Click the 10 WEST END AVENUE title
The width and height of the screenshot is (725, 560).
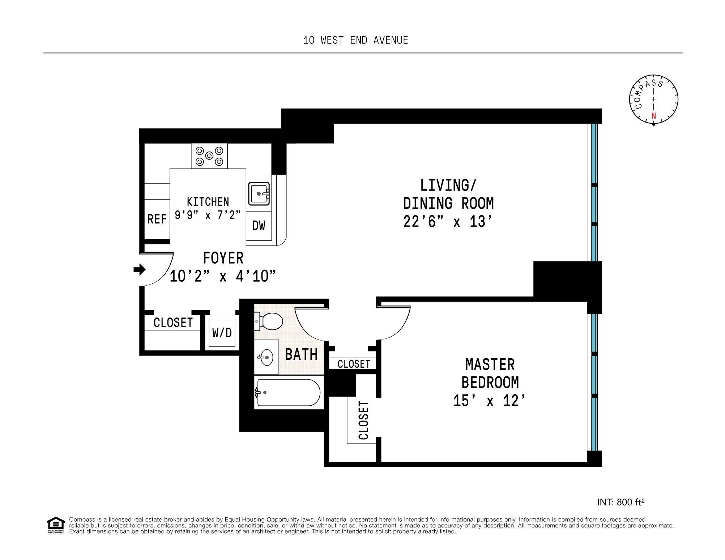tap(355, 40)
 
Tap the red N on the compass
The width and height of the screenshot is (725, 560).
tap(653, 116)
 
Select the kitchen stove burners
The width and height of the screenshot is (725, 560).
tap(209, 156)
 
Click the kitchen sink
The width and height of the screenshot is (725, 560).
tap(259, 194)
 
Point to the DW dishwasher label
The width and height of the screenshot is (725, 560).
tap(259, 226)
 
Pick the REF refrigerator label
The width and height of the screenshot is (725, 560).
tap(157, 219)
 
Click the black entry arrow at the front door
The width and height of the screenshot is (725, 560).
tap(140, 269)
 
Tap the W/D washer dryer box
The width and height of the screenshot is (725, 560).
tap(222, 333)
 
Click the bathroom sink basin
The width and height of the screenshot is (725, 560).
tap(266, 357)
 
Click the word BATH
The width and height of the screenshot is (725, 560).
tap(301, 354)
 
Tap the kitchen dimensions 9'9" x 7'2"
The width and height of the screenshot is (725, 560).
tap(208, 215)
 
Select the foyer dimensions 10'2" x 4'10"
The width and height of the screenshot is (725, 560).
tap(223, 276)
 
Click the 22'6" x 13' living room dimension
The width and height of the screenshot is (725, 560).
tap(448, 222)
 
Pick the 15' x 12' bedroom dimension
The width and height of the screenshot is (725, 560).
tap(490, 401)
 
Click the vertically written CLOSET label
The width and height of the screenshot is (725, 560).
tap(363, 420)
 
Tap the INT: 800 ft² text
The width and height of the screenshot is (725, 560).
tap(621, 502)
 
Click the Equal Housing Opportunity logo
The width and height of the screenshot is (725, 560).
tap(56, 525)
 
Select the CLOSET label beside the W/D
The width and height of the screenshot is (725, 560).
tap(173, 322)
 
